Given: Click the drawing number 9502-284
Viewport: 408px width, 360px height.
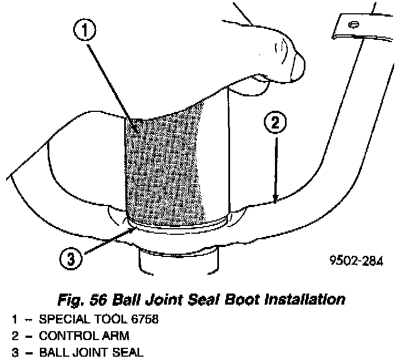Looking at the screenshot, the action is (356, 260).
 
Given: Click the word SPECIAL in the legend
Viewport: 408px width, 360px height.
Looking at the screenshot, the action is (59, 320).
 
